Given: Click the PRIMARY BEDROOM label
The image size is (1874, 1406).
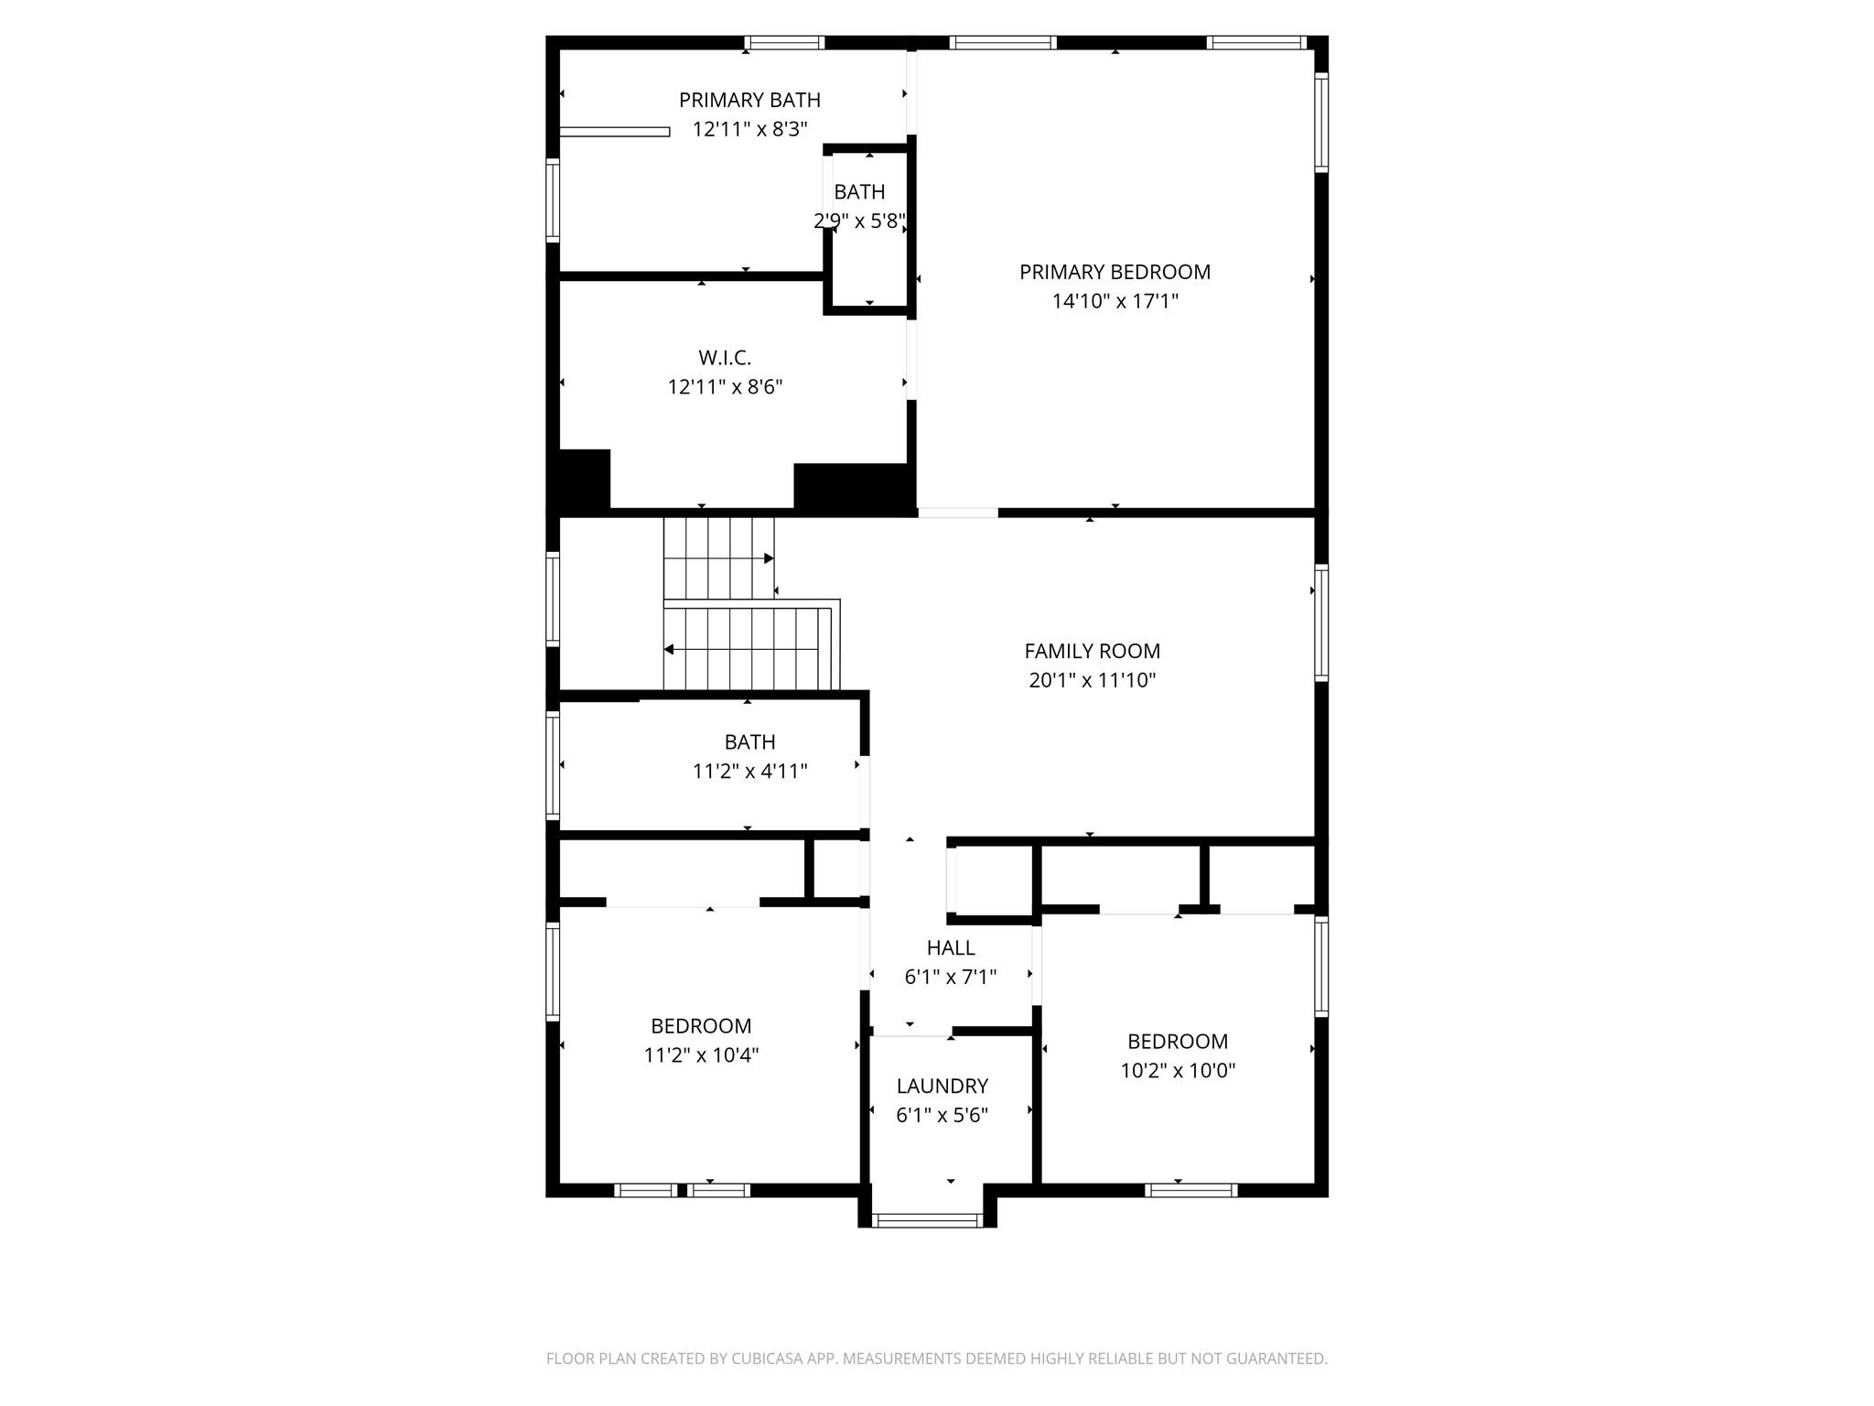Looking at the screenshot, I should (1115, 272).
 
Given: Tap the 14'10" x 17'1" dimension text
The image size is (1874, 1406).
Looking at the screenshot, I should (1115, 301).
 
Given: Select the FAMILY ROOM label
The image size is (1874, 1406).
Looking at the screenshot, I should (1092, 651).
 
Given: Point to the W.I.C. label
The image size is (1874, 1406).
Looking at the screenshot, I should (725, 358).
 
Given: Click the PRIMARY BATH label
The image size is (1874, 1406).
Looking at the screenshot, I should (749, 100).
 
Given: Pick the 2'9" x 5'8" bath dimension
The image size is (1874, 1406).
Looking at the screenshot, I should (859, 222).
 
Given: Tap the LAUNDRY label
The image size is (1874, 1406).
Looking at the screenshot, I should (942, 1086).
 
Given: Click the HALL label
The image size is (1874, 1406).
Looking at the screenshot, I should (951, 947).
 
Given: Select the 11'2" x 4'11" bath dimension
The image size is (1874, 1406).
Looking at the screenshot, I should (749, 772).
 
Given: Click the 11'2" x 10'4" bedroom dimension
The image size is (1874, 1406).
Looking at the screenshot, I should (701, 1055).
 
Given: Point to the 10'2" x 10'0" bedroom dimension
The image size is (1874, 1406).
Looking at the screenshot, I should (1178, 1070).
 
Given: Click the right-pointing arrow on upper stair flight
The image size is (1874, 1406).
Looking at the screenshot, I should (769, 558).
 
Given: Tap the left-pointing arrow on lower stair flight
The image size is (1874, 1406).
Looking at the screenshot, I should (670, 650).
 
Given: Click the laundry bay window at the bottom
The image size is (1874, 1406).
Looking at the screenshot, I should (927, 1220).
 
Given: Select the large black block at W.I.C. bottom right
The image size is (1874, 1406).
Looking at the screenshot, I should (853, 485).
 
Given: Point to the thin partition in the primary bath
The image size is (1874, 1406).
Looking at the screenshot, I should (614, 132).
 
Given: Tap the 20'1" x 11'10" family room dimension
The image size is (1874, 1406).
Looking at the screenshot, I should (1092, 680).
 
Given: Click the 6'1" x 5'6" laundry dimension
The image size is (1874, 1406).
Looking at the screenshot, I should (942, 1115).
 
